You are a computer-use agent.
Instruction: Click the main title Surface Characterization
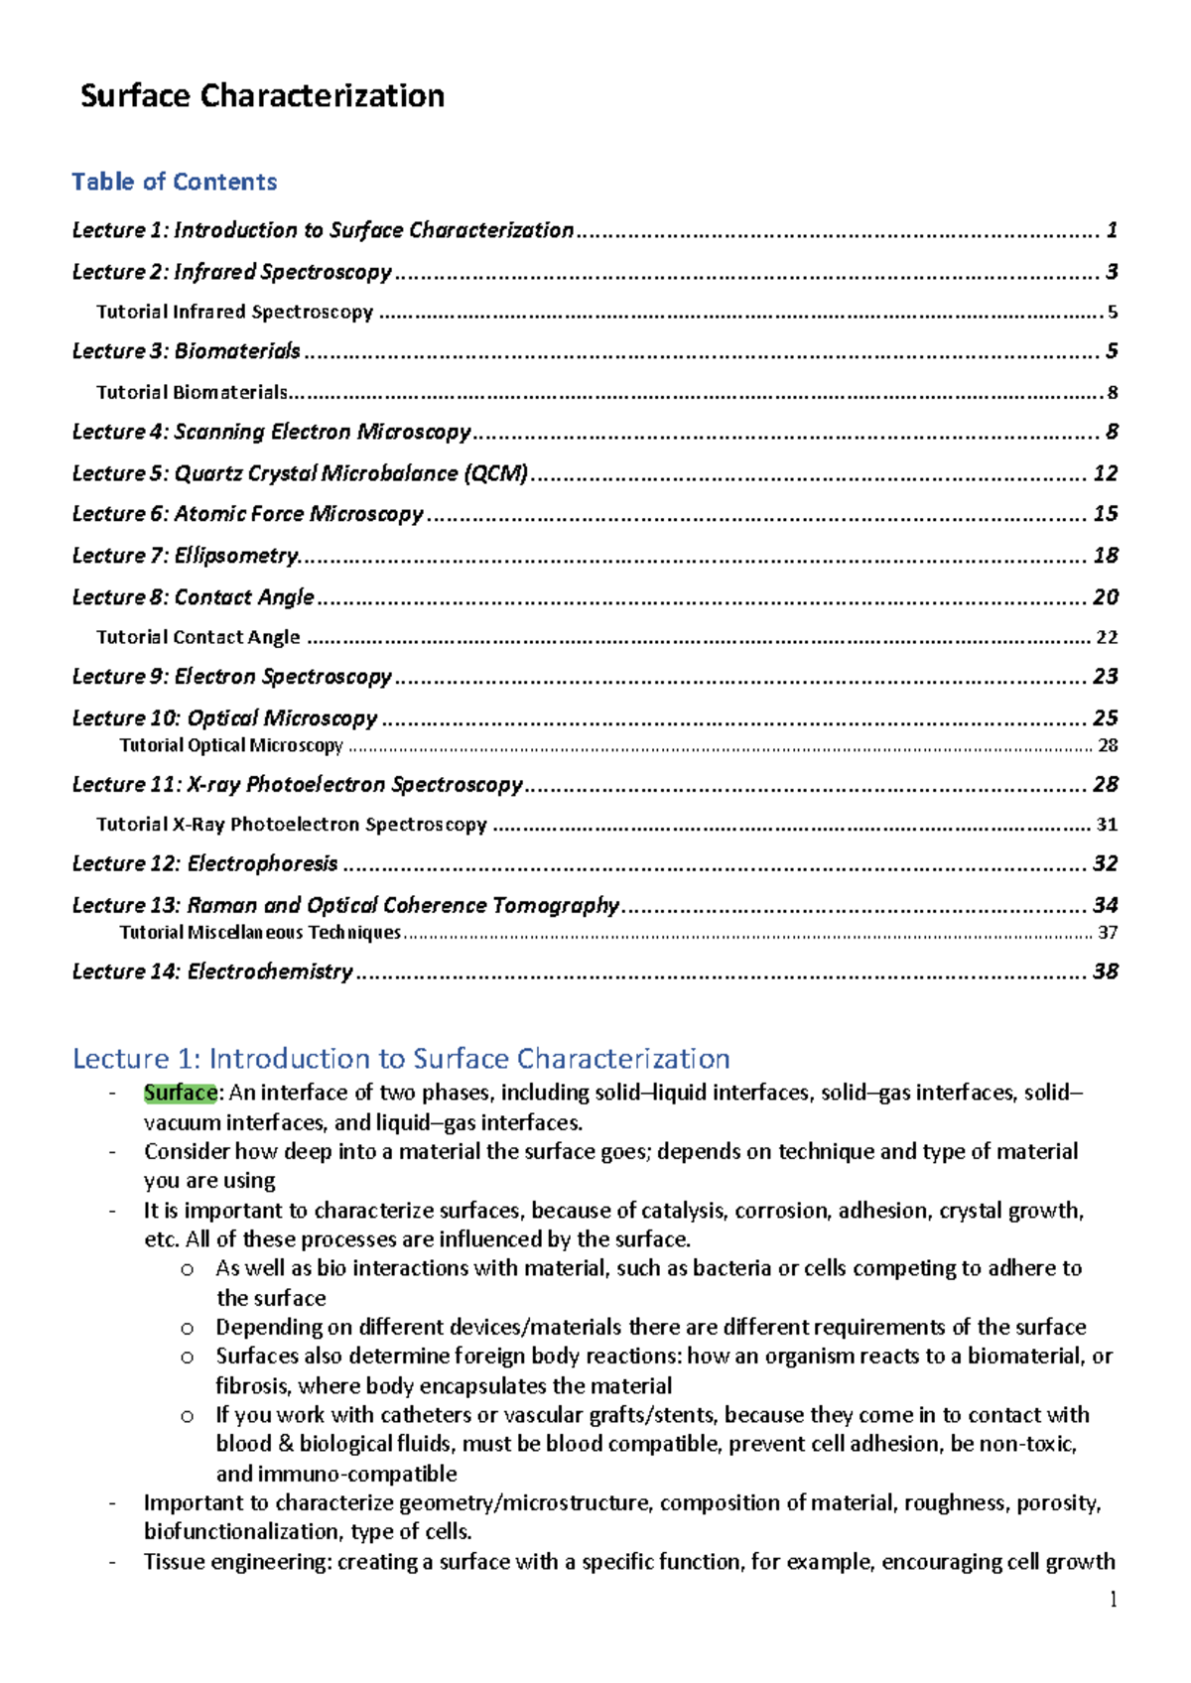click(262, 96)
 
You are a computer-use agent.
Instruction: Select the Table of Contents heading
click(174, 182)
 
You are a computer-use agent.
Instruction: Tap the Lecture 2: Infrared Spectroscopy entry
click(231, 272)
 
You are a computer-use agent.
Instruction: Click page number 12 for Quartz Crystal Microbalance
click(1105, 473)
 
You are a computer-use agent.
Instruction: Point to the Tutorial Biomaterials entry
click(192, 392)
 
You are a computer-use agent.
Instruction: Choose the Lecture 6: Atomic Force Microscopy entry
click(247, 514)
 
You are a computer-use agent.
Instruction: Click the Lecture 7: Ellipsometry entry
click(185, 556)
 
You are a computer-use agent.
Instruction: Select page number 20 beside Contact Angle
click(1105, 597)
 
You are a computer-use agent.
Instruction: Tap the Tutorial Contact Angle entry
click(198, 637)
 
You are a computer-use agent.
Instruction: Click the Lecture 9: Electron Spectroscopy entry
click(231, 677)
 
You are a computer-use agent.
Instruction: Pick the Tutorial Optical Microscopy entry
click(231, 745)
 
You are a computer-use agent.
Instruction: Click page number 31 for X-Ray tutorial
click(1107, 825)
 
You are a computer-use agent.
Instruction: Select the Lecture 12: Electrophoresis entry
click(204, 864)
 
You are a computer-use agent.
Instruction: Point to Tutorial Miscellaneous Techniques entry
click(260, 933)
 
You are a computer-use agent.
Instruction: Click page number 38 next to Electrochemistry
click(1105, 971)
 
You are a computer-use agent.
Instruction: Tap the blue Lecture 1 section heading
click(401, 1059)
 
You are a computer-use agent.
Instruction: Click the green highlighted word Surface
click(181, 1094)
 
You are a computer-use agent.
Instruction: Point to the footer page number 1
click(1113, 1600)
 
